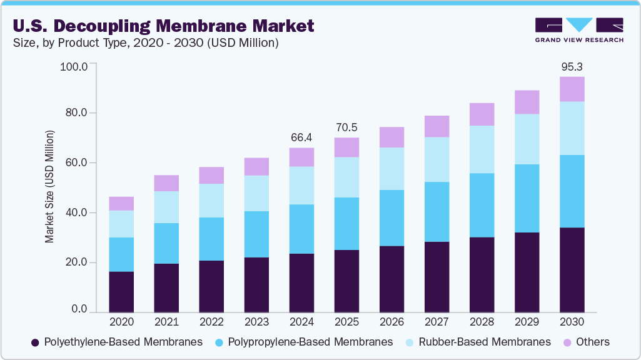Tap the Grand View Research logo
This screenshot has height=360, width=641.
pyautogui.click(x=579, y=30)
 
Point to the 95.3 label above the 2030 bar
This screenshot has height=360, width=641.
pyautogui.click(x=572, y=66)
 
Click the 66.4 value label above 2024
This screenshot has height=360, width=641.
pyautogui.click(x=301, y=137)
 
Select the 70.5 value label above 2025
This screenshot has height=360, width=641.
pyautogui.click(x=346, y=127)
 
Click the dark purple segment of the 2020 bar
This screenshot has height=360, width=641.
pyautogui.click(x=121, y=292)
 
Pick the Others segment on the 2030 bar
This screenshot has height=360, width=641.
pyautogui.click(x=572, y=89)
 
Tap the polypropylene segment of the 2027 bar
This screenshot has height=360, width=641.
pyautogui.click(x=437, y=212)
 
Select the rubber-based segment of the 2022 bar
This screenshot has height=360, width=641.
pyautogui.click(x=211, y=201)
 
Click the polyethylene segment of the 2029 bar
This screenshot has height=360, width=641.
pyautogui.click(x=527, y=272)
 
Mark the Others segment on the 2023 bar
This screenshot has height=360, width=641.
pyautogui.click(x=256, y=167)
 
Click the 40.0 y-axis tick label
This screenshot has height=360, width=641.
pyautogui.click(x=75, y=213)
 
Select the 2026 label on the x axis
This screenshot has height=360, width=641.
pyautogui.click(x=391, y=322)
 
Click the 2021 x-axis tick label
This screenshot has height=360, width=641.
pyautogui.click(x=166, y=322)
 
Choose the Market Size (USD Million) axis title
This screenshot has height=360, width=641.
pyautogui.click(x=49, y=187)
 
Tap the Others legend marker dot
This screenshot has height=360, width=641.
pyautogui.click(x=567, y=342)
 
